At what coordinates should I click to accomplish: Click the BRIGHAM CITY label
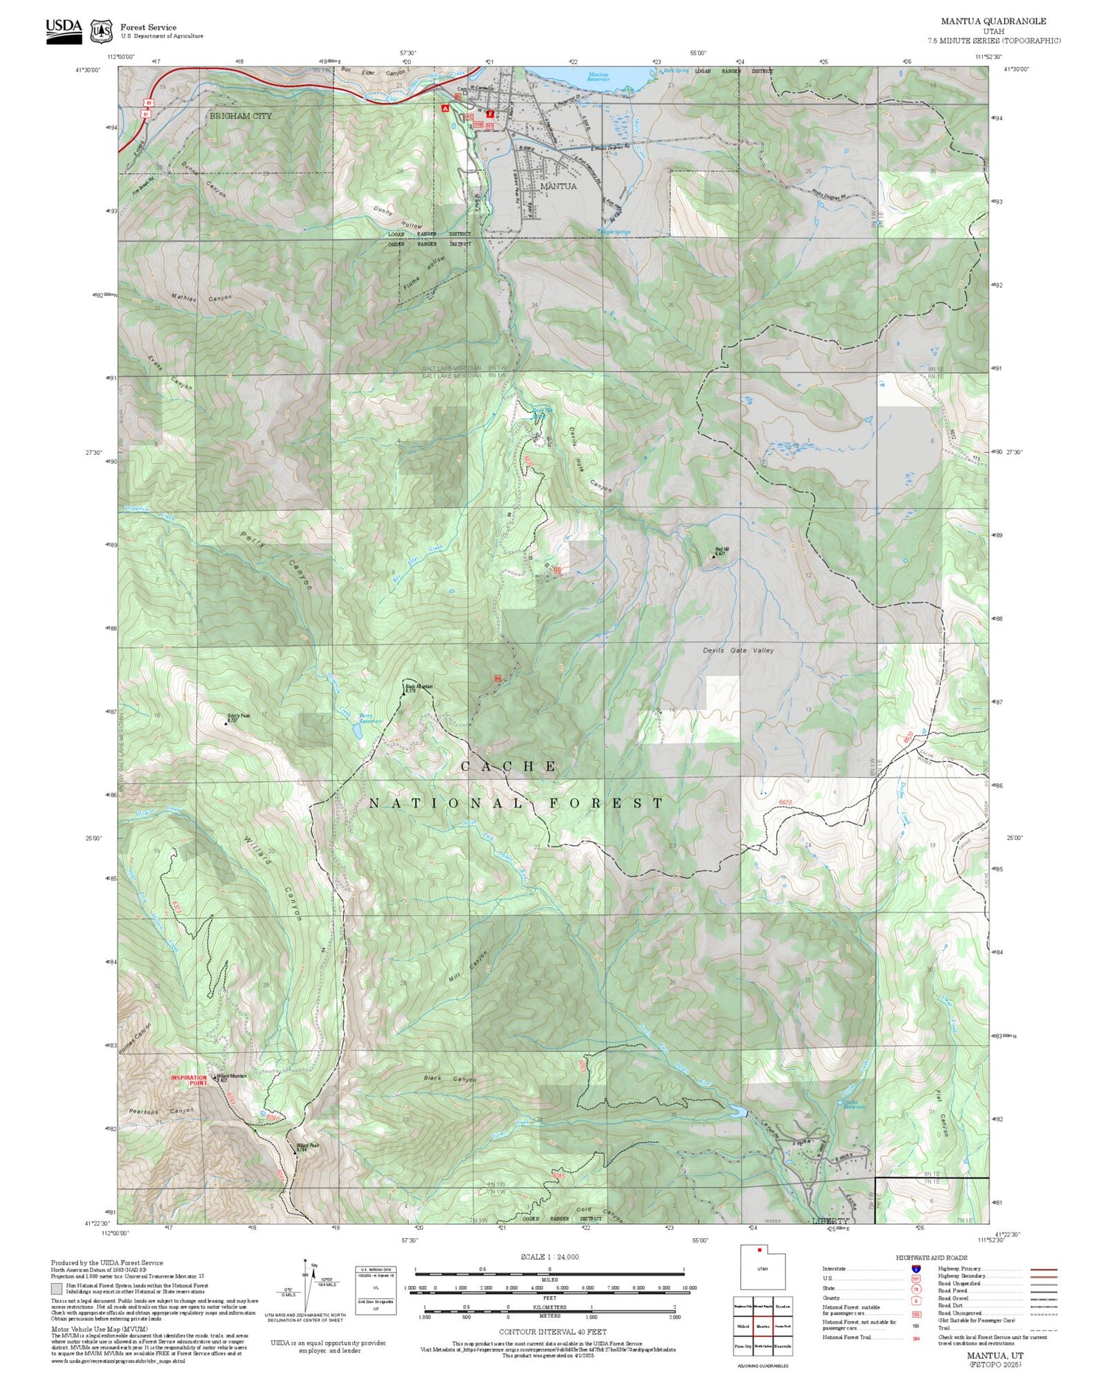[240, 116]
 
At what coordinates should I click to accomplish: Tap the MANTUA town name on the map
[558, 187]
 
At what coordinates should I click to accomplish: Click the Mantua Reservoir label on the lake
[599, 76]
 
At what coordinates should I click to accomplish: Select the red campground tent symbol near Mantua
[445, 108]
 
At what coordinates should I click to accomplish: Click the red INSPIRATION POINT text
[189, 1080]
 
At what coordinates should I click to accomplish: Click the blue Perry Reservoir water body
[358, 731]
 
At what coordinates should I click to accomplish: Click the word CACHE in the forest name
[509, 767]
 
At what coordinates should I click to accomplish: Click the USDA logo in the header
[64, 30]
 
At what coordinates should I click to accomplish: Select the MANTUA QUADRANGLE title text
[992, 21]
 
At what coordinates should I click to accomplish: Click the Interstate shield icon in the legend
[916, 1268]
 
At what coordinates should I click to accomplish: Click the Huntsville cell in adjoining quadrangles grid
[782, 1346]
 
